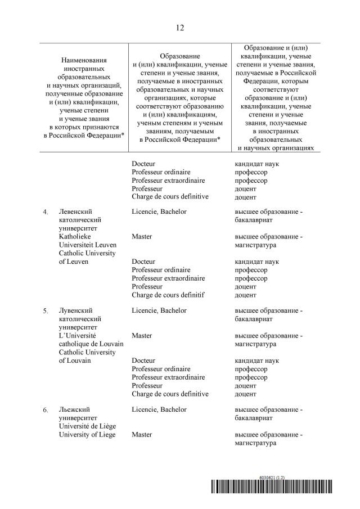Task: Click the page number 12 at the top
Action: [179, 28]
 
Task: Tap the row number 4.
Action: [46, 213]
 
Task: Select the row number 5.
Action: [46, 311]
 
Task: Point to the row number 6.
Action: [46, 410]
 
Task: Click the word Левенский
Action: [75, 212]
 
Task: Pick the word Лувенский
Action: [75, 310]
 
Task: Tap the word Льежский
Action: [74, 409]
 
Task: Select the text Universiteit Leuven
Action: [87, 245]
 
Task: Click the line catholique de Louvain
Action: [87, 344]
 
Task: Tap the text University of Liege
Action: [87, 435]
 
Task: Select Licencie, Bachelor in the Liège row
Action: [159, 409]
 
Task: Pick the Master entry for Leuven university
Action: [142, 237]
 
